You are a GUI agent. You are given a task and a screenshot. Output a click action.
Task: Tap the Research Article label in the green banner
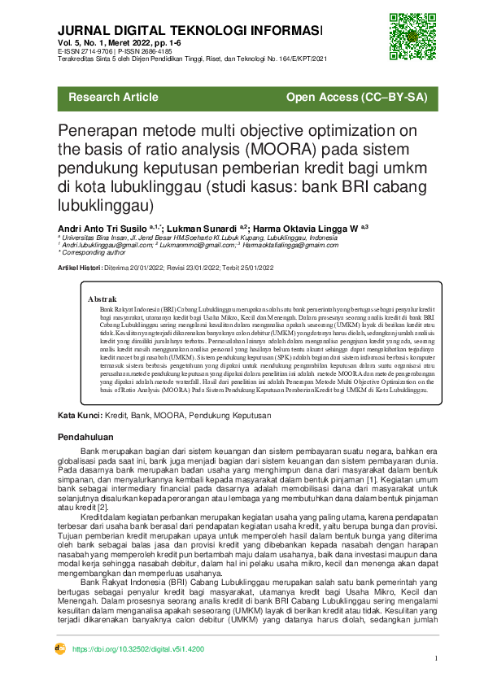pos(114,98)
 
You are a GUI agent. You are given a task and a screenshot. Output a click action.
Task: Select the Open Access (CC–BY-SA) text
pos(357,98)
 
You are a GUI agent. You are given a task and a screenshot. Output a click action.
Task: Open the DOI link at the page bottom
pos(138,649)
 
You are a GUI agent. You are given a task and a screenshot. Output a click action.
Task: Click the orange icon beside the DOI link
pos(59,649)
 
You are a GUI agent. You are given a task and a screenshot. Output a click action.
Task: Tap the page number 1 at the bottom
pos(437,659)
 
